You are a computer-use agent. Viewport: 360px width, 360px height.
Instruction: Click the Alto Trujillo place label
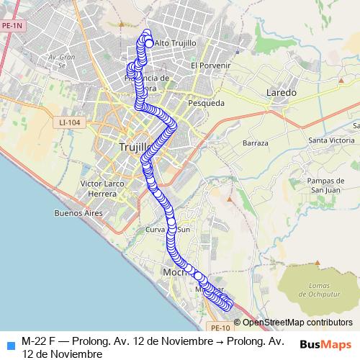tap(175, 43)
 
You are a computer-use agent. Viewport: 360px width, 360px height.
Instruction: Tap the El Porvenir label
tap(210, 66)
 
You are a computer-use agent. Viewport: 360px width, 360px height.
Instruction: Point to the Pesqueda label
tap(206, 103)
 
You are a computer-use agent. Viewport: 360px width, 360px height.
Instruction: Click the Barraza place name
tap(256, 143)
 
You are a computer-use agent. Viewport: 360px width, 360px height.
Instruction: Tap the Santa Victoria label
tap(331, 140)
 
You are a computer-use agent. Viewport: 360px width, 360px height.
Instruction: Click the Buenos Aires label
tap(78, 213)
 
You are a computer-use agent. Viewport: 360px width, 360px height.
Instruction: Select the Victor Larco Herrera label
tap(104, 189)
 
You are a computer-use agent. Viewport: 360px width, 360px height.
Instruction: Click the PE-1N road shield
tap(12, 26)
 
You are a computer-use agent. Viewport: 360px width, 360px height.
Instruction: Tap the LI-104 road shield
tap(71, 123)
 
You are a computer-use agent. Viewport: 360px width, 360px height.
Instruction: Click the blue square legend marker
tap(9, 343)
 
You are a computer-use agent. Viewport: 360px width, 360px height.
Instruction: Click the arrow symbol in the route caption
tap(219, 340)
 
